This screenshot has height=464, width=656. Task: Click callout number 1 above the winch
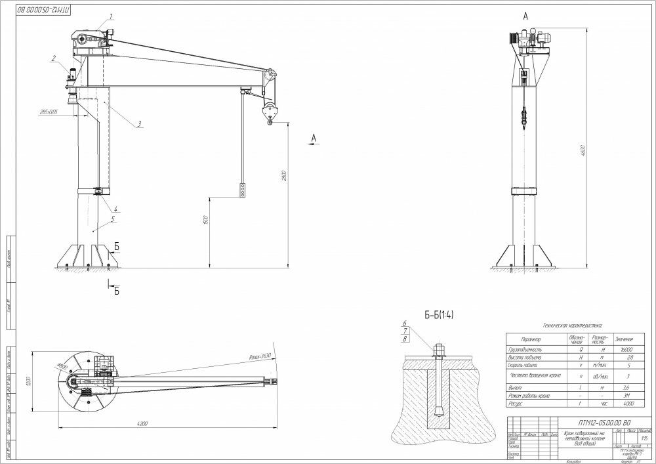[112, 16]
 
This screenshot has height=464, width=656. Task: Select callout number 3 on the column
[140, 123]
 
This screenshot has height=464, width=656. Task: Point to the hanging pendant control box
[243, 190]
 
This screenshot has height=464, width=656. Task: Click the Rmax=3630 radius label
[259, 356]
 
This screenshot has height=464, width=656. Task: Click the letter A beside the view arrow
[314, 138]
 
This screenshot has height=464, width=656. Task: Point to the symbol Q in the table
[576, 352]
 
